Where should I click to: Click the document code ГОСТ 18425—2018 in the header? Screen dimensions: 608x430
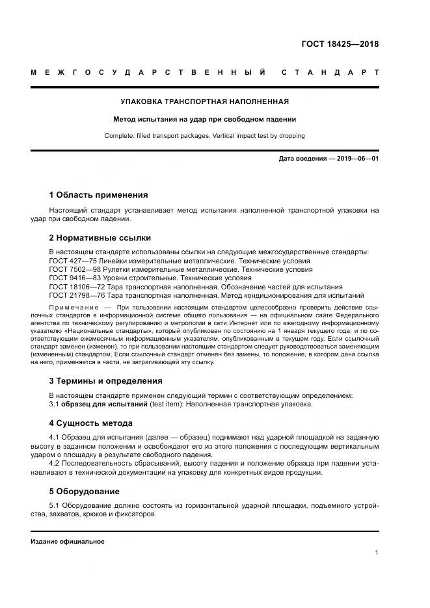click(x=340, y=44)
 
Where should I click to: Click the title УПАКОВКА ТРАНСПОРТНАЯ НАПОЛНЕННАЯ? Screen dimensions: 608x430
click(x=205, y=101)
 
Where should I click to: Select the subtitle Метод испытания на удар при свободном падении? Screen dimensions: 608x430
click(x=205, y=119)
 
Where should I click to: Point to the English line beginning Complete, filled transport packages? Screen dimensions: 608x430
click(x=205, y=136)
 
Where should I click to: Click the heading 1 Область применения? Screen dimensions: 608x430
click(x=98, y=194)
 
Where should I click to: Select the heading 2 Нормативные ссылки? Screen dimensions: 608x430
click(x=100, y=238)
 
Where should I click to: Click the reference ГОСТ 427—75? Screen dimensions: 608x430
click(x=72, y=260)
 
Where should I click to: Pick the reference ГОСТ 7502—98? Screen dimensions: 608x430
click(x=74, y=269)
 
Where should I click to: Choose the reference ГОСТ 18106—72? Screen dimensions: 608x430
click(x=76, y=286)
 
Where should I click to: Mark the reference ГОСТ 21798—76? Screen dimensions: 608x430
click(x=76, y=295)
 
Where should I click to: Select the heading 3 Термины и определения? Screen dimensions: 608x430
click(x=105, y=381)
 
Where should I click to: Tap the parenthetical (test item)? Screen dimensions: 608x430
click(x=167, y=404)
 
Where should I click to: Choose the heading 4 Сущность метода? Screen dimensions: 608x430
click(x=94, y=423)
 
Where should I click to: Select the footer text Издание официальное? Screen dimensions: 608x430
click(x=68, y=541)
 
